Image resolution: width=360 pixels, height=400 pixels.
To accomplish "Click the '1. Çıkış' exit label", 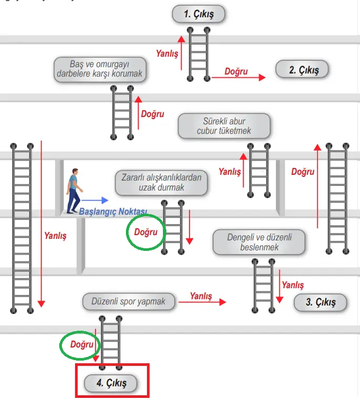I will [x=199, y=14].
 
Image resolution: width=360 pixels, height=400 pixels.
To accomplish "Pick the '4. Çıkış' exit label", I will [x=111, y=383].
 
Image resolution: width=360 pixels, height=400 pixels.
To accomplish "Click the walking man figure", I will [x=75, y=190].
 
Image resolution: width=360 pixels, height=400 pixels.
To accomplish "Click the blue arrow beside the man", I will [x=95, y=200].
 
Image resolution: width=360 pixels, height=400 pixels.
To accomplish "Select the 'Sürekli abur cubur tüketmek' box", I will [x=224, y=126].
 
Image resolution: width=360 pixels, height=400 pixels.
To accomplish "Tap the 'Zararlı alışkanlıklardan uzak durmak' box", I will [x=162, y=182].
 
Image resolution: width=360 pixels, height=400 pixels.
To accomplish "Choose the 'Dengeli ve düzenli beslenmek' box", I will [x=259, y=242].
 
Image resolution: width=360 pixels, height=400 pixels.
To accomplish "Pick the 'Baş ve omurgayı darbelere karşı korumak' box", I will [x=100, y=69].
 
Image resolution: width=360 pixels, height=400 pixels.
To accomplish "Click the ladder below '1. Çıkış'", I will [x=198, y=54].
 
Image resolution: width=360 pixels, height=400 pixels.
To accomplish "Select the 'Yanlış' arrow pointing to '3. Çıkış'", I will [x=202, y=302].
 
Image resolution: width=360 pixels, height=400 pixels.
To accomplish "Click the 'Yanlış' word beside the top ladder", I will [x=167, y=54].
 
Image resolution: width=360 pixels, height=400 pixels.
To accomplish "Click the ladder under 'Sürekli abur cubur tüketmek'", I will [x=259, y=170].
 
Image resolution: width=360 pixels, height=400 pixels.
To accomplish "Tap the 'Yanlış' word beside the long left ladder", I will [x=55, y=236].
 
